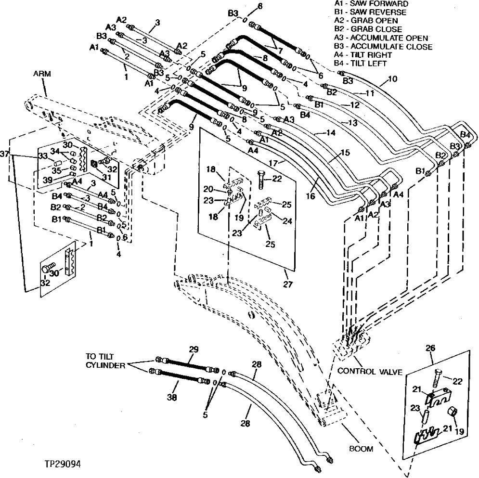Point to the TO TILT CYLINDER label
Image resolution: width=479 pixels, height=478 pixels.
click(x=105, y=361)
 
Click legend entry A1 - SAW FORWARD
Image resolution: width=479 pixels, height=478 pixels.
click(x=365, y=4)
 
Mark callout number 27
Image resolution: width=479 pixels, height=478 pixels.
click(x=287, y=284)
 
